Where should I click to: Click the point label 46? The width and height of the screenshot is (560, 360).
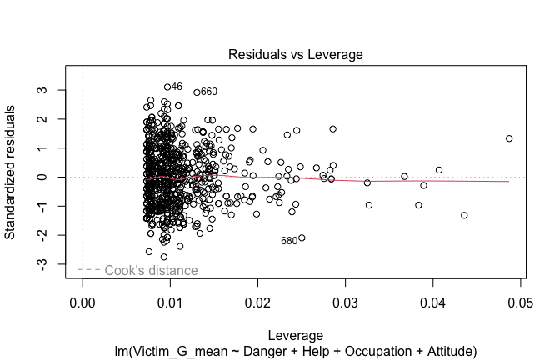pyautogui.click(x=177, y=87)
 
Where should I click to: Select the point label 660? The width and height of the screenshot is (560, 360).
pyautogui.click(x=208, y=92)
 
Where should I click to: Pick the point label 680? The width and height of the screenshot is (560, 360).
pyautogui.click(x=288, y=241)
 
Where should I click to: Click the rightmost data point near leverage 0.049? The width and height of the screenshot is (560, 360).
pyautogui.click(x=509, y=138)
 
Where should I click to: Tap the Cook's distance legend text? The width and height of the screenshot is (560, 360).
pyautogui.click(x=151, y=271)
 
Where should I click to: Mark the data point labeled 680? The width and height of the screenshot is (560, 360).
pyautogui.click(x=302, y=237)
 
